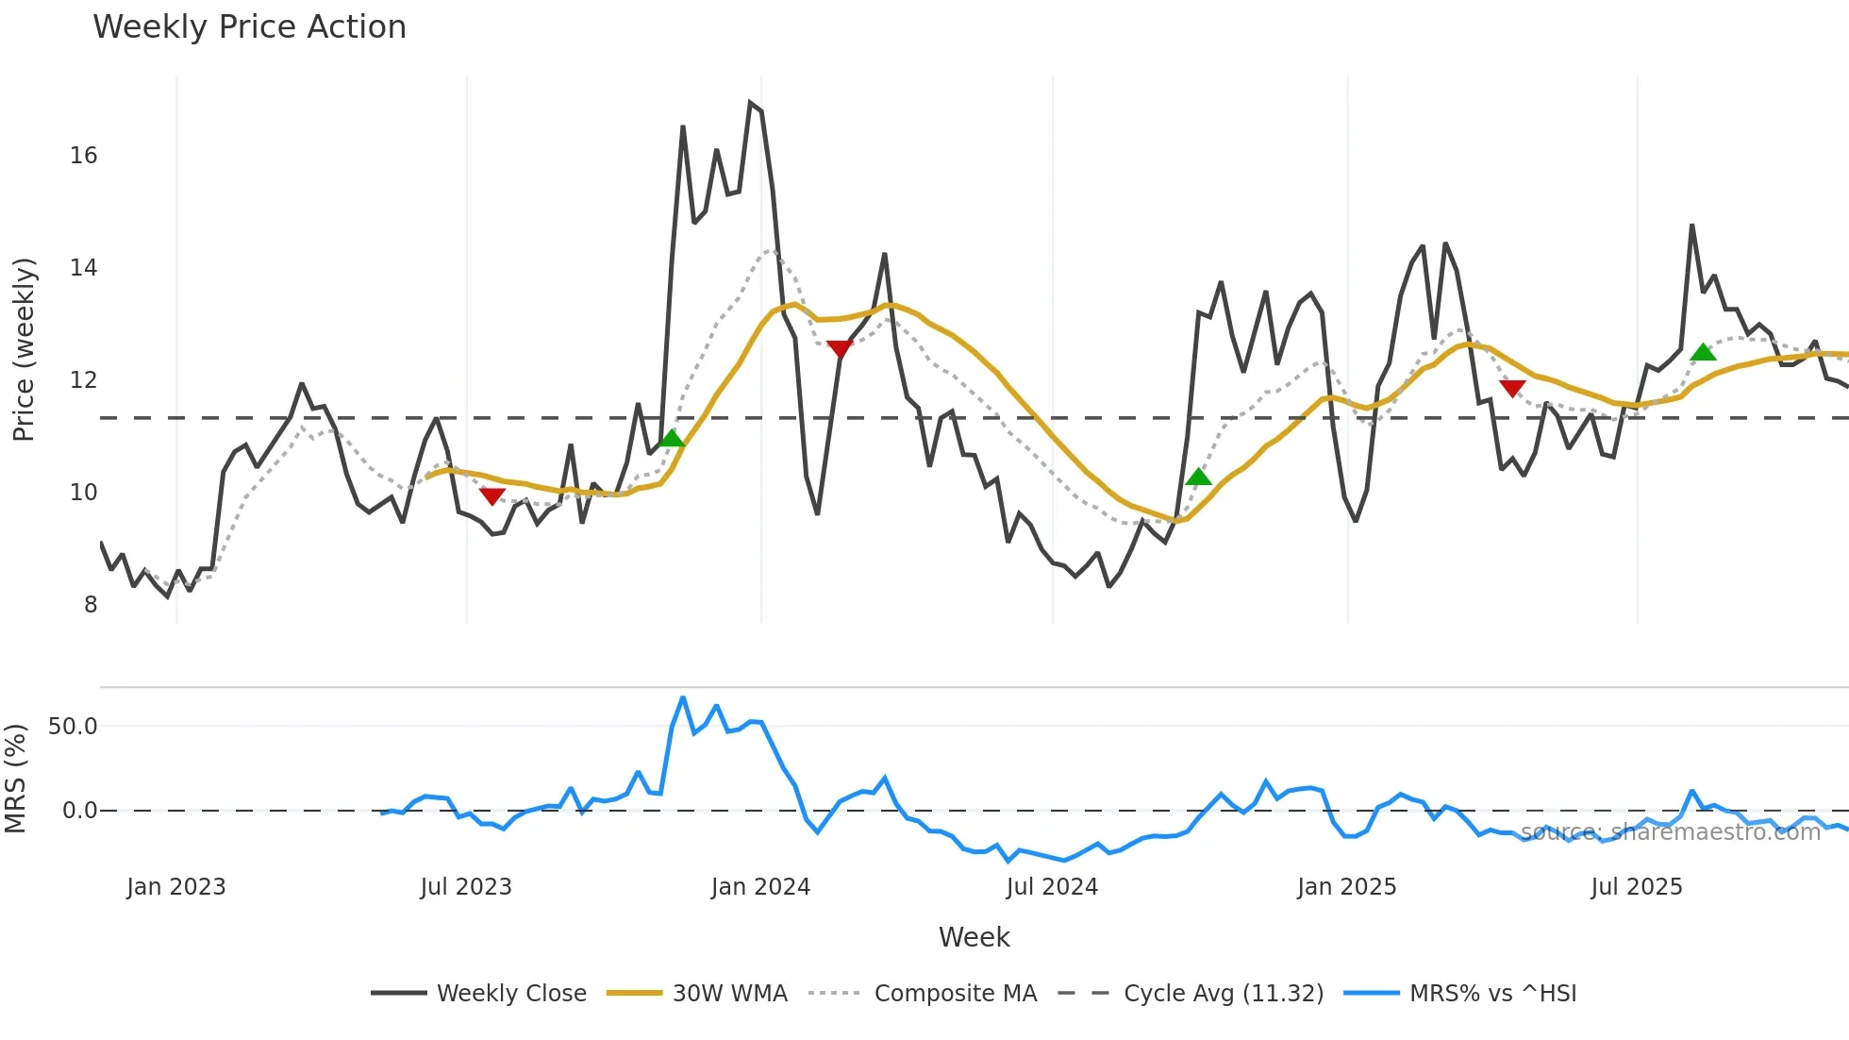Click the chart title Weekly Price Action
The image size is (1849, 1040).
(249, 27)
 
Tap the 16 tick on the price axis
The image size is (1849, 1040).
(83, 156)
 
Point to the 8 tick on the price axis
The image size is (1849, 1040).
(90, 605)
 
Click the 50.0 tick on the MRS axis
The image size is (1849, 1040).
(73, 727)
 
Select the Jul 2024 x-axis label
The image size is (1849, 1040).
(1052, 887)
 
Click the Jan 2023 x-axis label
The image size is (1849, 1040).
(176, 887)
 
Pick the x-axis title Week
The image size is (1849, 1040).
(974, 937)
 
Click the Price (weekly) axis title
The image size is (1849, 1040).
(24, 349)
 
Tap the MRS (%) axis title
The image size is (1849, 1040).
(15, 779)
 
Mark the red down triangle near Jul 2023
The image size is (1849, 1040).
(491, 496)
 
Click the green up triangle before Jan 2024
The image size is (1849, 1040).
(671, 438)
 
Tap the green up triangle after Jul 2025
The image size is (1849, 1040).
(1703, 352)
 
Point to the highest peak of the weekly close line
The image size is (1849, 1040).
(750, 102)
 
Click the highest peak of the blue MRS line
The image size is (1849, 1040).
(683, 697)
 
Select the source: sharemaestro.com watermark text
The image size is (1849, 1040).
(1670, 832)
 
